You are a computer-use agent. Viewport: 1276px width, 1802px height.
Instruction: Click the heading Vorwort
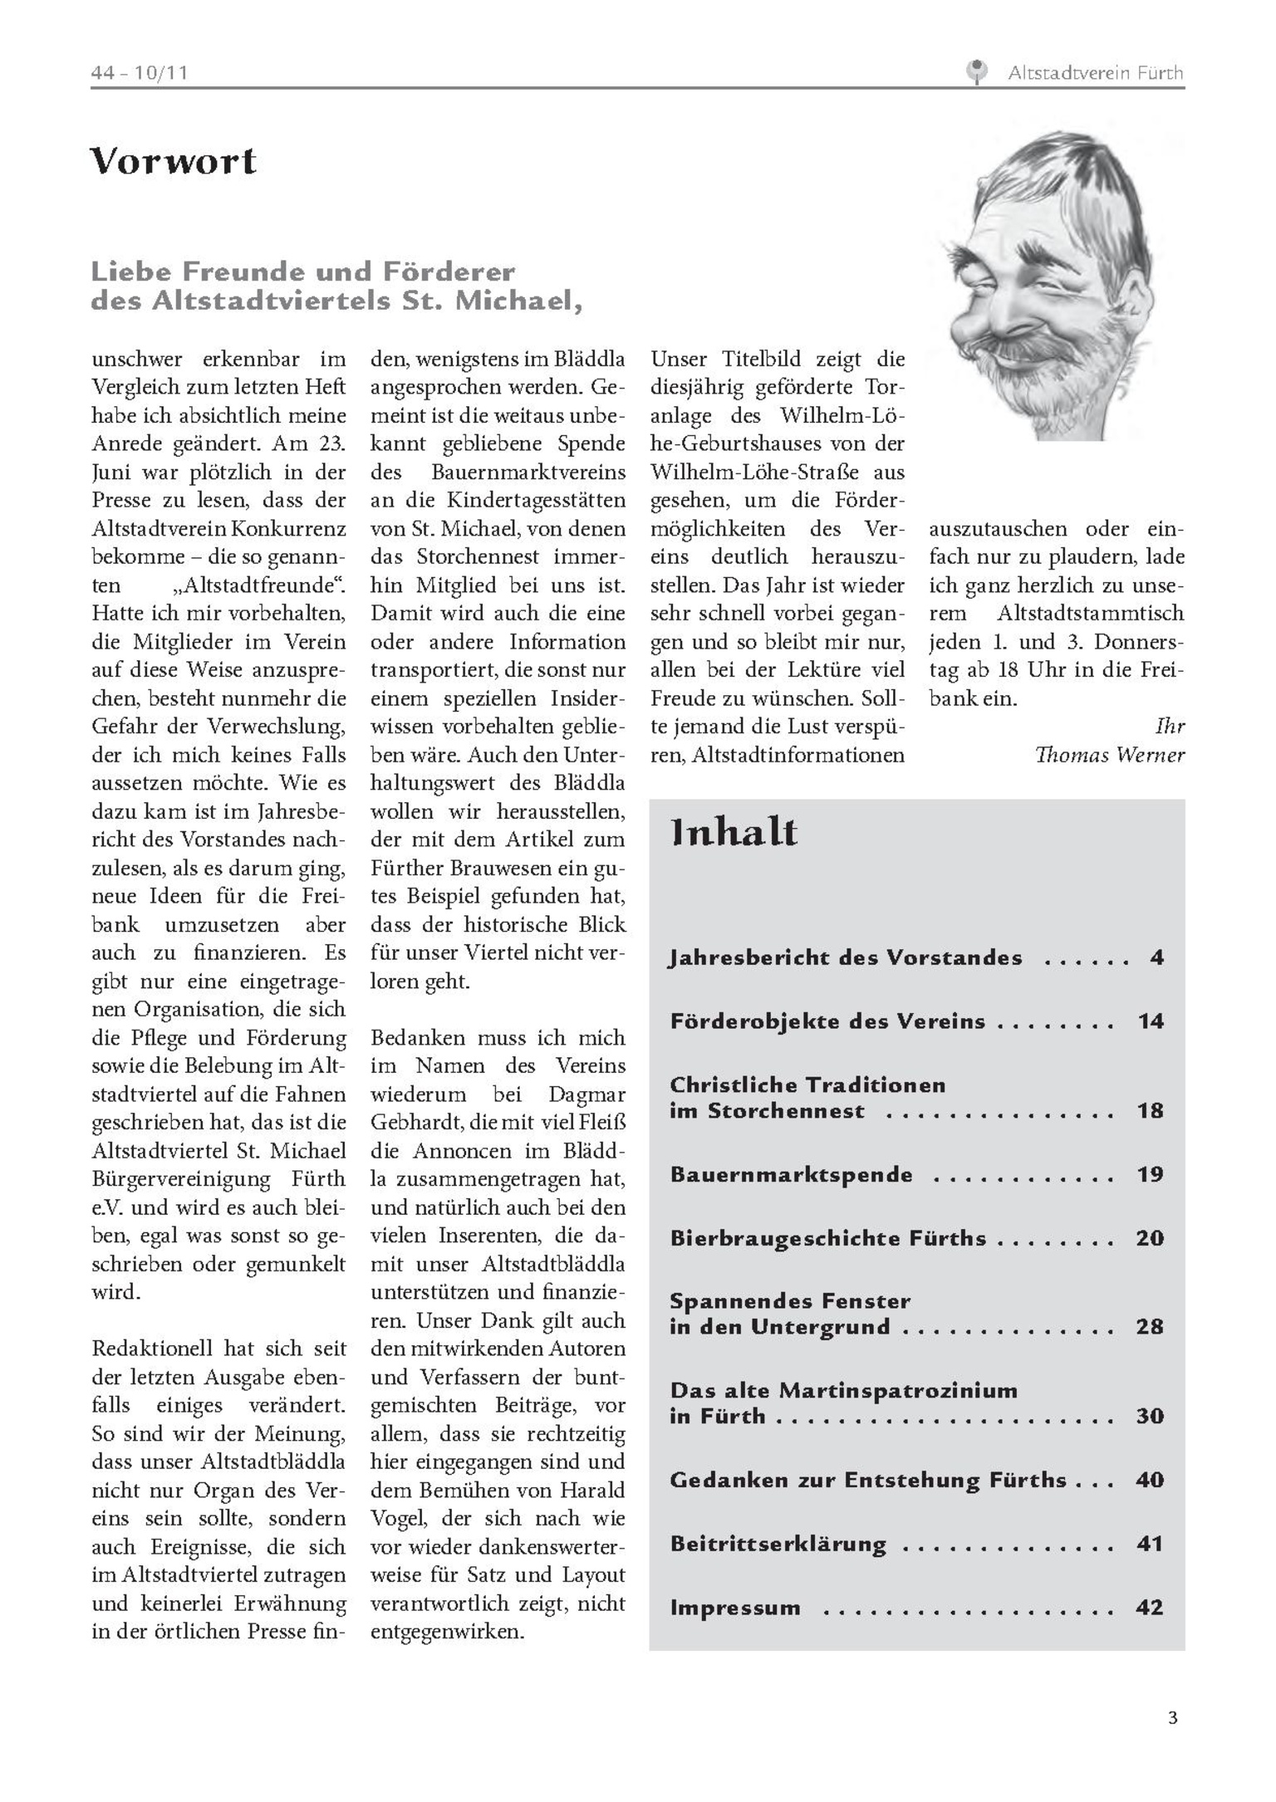tap(173, 160)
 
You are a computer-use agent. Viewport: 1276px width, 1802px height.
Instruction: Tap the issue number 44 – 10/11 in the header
tap(140, 73)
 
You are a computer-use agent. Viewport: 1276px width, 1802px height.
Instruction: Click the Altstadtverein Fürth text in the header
tap(1095, 73)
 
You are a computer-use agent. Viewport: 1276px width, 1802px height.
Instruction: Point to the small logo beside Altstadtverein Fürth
tap(978, 72)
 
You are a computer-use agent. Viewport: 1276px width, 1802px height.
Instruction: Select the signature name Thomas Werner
tap(1109, 755)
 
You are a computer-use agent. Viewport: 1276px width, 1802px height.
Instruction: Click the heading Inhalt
tap(734, 833)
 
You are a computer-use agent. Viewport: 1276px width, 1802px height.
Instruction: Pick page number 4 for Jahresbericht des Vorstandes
tap(1156, 957)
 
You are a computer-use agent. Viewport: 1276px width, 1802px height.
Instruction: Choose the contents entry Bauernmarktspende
tap(791, 1174)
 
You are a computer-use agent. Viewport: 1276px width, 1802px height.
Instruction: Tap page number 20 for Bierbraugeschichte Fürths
tap(1150, 1238)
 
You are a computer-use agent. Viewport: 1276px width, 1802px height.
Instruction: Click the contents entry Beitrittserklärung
tap(778, 1544)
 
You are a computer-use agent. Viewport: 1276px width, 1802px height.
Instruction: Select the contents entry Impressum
tap(735, 1608)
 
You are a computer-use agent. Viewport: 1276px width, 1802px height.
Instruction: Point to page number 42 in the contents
tap(1150, 1608)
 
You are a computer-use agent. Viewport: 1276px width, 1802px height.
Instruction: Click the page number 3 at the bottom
tap(1172, 1718)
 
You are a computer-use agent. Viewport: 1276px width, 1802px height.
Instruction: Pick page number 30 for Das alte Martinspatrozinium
tap(1150, 1415)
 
